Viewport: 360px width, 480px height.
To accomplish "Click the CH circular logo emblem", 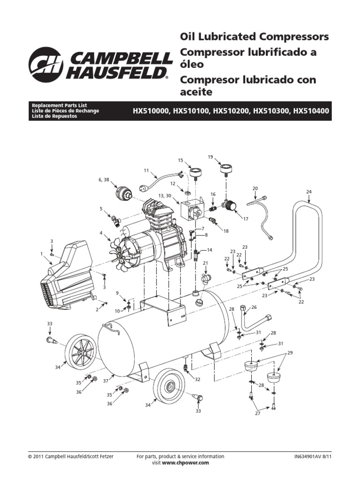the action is pos(46,65).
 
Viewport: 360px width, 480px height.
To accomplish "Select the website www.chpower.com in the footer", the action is pos(185,463).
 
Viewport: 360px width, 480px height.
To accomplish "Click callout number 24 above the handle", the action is pos(309,192).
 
